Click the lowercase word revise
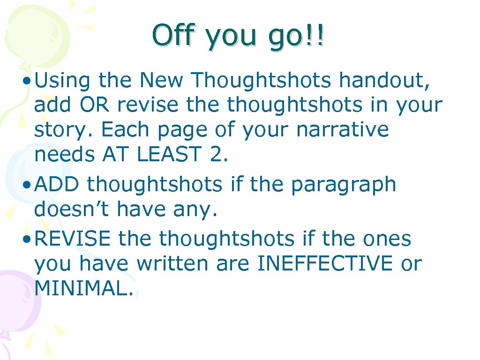[148, 105]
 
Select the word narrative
[343, 129]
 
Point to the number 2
[218, 154]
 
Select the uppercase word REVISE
[73, 239]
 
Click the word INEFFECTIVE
[325, 263]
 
